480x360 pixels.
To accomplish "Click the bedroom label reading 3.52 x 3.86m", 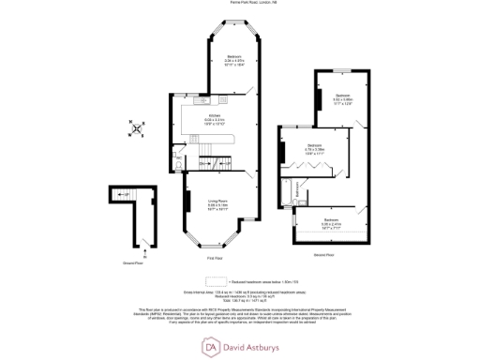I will click(x=343, y=99).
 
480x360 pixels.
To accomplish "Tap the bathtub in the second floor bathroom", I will click(x=297, y=192).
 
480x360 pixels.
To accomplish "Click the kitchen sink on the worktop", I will click(x=203, y=99).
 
